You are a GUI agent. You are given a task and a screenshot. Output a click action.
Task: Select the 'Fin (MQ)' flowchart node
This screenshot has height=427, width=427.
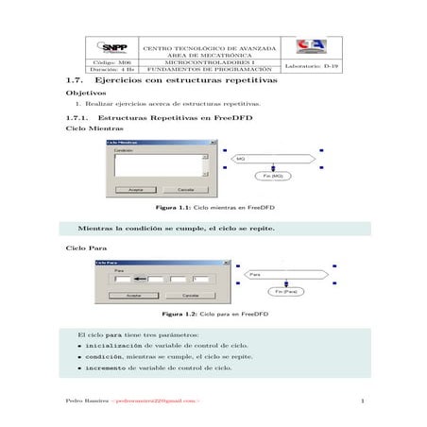pos(271,176)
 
